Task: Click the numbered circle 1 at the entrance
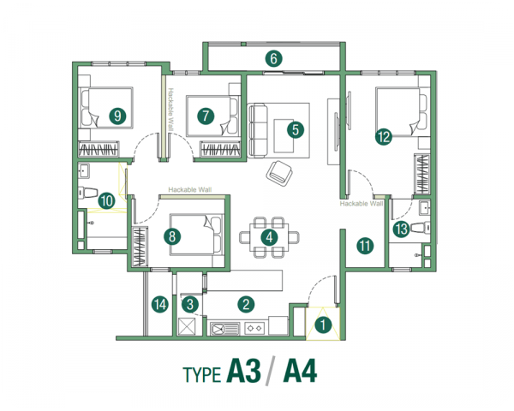tap(323, 325)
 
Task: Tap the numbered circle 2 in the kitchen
tap(246, 303)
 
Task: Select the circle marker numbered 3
tap(190, 303)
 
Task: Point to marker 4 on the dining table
tap(269, 237)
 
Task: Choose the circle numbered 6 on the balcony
tap(273, 59)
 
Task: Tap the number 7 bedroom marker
tap(204, 115)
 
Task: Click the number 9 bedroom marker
tap(118, 115)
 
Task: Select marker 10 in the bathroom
tap(106, 201)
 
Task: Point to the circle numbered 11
tap(366, 246)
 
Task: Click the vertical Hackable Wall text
tap(171, 109)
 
